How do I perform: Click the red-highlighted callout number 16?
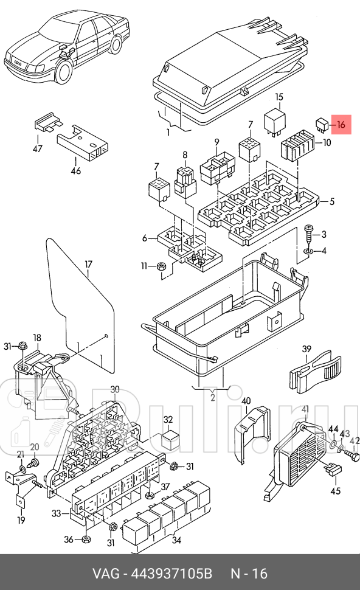[341, 124]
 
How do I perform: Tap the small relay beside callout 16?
[322, 125]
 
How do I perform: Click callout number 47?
[38, 148]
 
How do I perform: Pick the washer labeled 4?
[309, 251]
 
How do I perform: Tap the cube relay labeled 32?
[169, 439]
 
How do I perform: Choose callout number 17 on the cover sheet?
[88, 265]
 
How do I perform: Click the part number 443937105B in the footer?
[171, 574]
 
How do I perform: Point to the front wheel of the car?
[64, 72]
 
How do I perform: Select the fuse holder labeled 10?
[297, 145]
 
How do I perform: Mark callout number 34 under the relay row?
[176, 541]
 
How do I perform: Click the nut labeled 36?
[86, 539]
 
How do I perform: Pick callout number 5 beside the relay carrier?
[332, 202]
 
